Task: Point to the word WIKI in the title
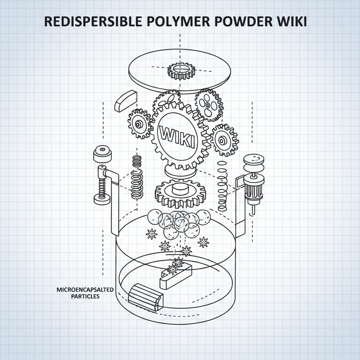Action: (293, 22)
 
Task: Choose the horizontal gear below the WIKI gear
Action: (180, 193)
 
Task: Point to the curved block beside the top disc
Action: (125, 101)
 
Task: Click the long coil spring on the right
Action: (222, 186)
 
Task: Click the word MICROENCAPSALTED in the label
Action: (85, 290)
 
